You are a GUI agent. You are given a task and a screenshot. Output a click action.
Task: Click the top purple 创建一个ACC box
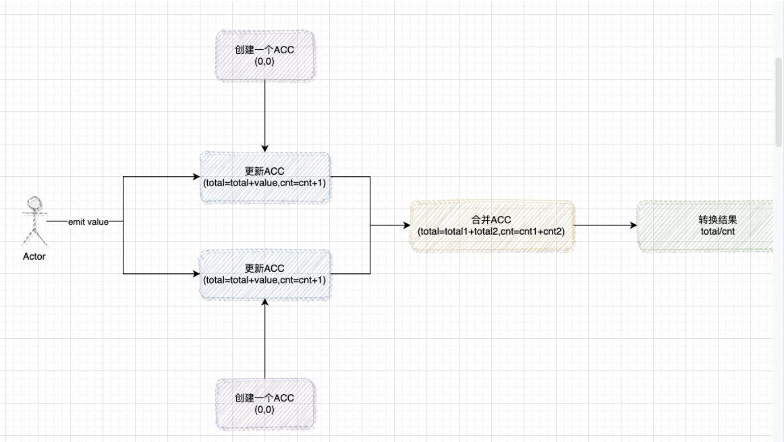coord(264,55)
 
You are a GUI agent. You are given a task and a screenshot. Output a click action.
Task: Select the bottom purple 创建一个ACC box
coord(264,404)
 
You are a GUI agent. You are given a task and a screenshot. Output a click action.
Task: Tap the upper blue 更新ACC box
coord(264,177)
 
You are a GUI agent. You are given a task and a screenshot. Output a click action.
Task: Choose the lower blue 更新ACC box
coord(264,274)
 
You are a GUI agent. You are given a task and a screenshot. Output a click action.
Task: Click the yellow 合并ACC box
coord(492,225)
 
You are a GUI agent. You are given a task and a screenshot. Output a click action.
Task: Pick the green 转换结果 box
coord(706,225)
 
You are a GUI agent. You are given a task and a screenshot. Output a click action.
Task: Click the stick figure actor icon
coord(34,221)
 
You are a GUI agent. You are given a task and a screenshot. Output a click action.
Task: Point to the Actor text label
coord(34,256)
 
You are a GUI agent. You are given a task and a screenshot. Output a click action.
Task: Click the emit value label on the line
coord(88,222)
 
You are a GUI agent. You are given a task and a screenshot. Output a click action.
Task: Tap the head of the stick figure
coord(34,202)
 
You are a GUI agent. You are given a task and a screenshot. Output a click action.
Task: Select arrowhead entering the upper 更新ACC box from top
coord(264,148)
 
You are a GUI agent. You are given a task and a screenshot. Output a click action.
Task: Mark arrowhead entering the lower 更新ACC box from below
coord(264,303)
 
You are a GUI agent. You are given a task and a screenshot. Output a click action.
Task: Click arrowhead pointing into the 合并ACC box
coord(406,225)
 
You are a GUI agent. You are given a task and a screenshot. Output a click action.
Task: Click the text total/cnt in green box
coord(717,231)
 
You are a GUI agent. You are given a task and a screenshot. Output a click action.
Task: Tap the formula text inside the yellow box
coord(492,231)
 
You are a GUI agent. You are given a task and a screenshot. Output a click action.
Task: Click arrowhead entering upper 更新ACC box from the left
coord(196,177)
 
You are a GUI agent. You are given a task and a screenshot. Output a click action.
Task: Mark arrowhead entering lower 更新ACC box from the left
coord(196,274)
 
